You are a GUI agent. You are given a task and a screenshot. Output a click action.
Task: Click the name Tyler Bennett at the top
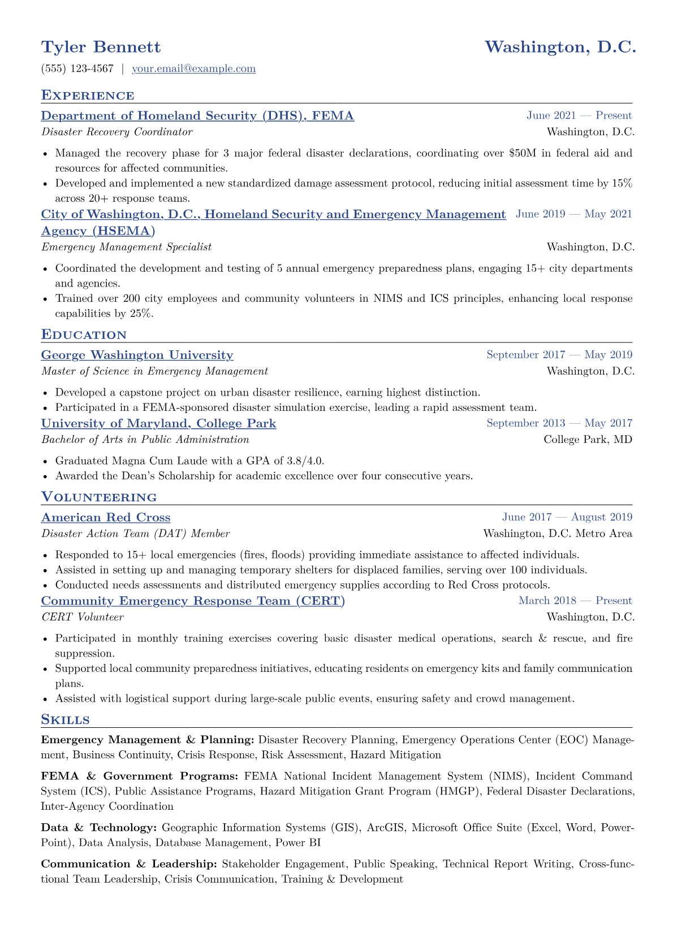101,47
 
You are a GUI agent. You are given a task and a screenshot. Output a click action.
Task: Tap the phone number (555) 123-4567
77,69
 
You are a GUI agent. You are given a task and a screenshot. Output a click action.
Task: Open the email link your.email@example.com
193,69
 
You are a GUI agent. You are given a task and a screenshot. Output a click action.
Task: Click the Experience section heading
88,95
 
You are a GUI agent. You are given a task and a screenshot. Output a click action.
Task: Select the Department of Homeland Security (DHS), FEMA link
197,116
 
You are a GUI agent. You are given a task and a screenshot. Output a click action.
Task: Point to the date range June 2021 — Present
579,116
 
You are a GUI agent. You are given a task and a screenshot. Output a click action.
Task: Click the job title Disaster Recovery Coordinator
117,132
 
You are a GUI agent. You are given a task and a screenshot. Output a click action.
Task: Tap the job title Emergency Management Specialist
126,247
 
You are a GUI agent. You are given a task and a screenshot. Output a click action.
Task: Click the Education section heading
84,335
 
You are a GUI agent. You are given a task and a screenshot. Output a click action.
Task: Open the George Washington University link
137,355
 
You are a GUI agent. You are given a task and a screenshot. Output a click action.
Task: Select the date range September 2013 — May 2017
559,423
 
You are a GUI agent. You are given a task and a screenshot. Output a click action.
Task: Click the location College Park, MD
588,440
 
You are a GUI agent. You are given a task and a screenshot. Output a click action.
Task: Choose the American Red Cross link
106,518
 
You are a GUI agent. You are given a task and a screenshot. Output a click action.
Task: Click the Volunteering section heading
99,497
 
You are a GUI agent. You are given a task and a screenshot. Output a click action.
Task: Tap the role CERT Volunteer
82,617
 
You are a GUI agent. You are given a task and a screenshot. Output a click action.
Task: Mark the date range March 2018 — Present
575,601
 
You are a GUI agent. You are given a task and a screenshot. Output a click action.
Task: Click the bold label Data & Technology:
98,828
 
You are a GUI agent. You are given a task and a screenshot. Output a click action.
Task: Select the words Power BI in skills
298,843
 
